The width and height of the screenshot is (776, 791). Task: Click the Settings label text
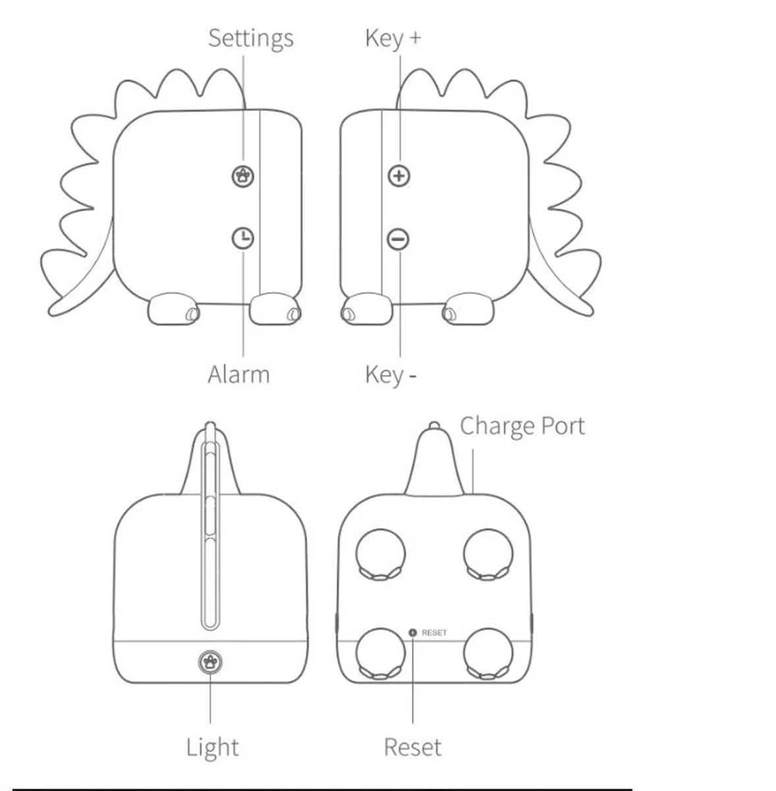pyautogui.click(x=250, y=38)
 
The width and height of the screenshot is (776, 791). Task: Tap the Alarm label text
pyautogui.click(x=238, y=374)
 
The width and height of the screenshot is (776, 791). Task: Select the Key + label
pyautogui.click(x=393, y=38)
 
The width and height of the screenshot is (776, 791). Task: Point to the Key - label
pyautogui.click(x=391, y=374)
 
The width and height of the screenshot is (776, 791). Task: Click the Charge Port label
pyautogui.click(x=522, y=426)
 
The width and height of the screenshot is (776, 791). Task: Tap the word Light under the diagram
pyautogui.click(x=212, y=747)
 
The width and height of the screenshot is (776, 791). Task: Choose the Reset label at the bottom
pyautogui.click(x=412, y=747)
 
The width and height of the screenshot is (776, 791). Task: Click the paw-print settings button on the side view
pyautogui.click(x=244, y=175)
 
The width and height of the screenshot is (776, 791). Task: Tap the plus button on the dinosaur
pyautogui.click(x=399, y=176)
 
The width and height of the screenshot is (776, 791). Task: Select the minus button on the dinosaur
pyautogui.click(x=399, y=239)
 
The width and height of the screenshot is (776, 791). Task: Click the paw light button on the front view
pyautogui.click(x=210, y=660)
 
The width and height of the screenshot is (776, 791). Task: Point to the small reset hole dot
pyautogui.click(x=413, y=633)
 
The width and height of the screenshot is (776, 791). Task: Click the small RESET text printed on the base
pyautogui.click(x=434, y=633)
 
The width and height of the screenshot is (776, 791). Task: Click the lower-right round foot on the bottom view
pyautogui.click(x=488, y=653)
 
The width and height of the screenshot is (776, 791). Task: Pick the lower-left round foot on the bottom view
pyautogui.click(x=381, y=653)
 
